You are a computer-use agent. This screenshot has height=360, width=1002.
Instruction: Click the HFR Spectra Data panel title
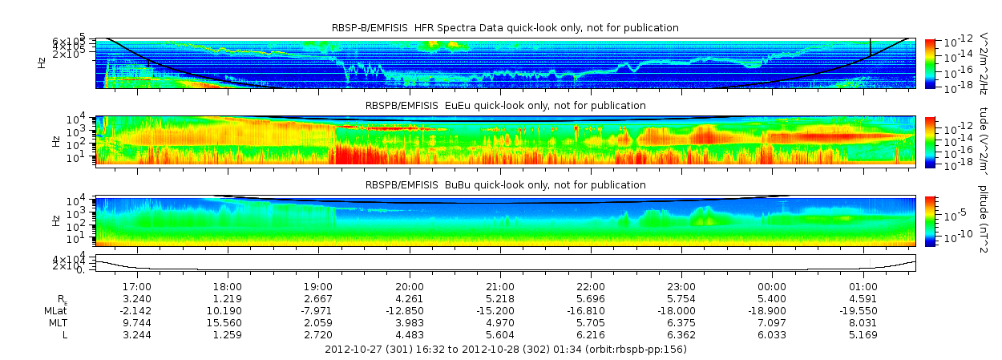point(505,28)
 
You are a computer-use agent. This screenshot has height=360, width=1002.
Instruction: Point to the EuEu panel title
point(505,106)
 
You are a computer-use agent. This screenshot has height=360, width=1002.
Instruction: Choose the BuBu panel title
point(505,185)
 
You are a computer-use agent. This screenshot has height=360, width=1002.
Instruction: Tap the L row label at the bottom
point(64,334)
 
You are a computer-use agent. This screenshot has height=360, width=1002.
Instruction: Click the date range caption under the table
point(505,350)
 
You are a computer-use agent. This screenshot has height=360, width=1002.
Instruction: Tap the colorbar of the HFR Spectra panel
point(930,63)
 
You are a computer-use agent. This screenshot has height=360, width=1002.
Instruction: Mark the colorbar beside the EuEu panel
point(930,141)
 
